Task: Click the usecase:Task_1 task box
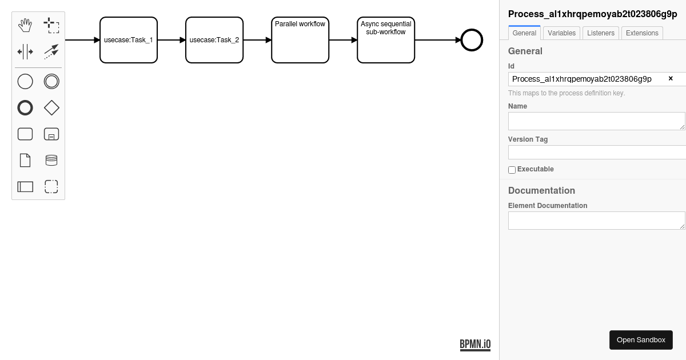(129, 40)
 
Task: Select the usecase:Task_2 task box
(214, 40)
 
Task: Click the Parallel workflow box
(300, 40)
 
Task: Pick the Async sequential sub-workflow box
(386, 40)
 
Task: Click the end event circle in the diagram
(472, 29)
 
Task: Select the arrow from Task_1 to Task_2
(171, 40)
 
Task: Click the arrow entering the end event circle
(438, 40)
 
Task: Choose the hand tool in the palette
(25, 25)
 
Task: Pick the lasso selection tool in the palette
(51, 25)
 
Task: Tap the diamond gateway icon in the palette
(51, 108)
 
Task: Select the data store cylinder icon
(51, 160)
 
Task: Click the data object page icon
(25, 160)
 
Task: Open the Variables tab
(561, 33)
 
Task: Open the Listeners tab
(601, 33)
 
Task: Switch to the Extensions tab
(642, 33)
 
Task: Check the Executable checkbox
(512, 170)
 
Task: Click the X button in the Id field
(671, 79)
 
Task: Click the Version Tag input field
(597, 152)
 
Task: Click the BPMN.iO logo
(475, 345)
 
